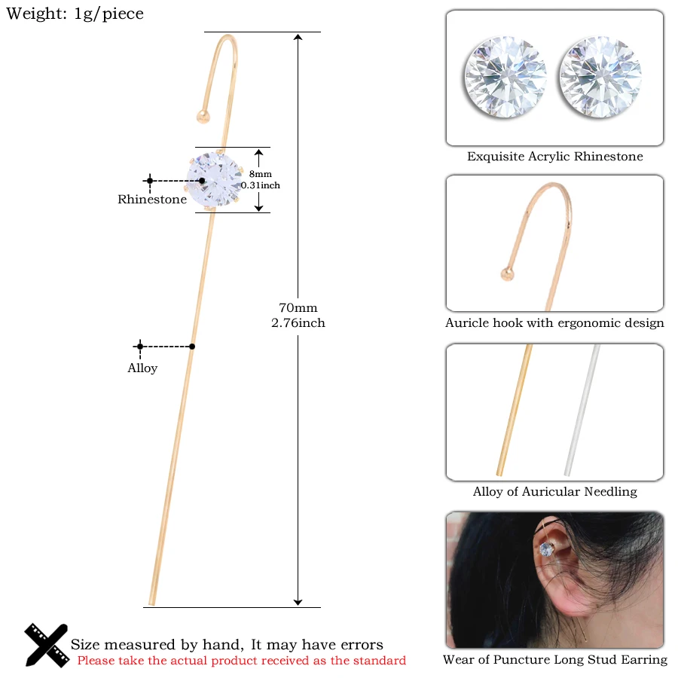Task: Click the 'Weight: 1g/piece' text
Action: [x=75, y=14]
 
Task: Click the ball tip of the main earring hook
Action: [x=202, y=115]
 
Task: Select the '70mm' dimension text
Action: [x=298, y=307]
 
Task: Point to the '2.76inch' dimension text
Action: [x=298, y=323]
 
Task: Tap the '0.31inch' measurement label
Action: [x=260, y=185]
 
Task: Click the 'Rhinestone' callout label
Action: [x=152, y=200]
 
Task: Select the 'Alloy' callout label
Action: [x=142, y=368]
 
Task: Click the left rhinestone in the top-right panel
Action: [x=505, y=78]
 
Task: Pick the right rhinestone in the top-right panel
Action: [x=600, y=78]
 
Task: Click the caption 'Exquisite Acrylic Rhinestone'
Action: [x=554, y=157]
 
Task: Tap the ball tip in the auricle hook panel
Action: [x=509, y=273]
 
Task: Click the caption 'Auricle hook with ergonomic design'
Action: [x=554, y=323]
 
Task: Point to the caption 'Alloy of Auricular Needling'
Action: [x=554, y=492]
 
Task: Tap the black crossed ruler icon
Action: [x=46, y=645]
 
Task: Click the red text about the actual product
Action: [x=241, y=661]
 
